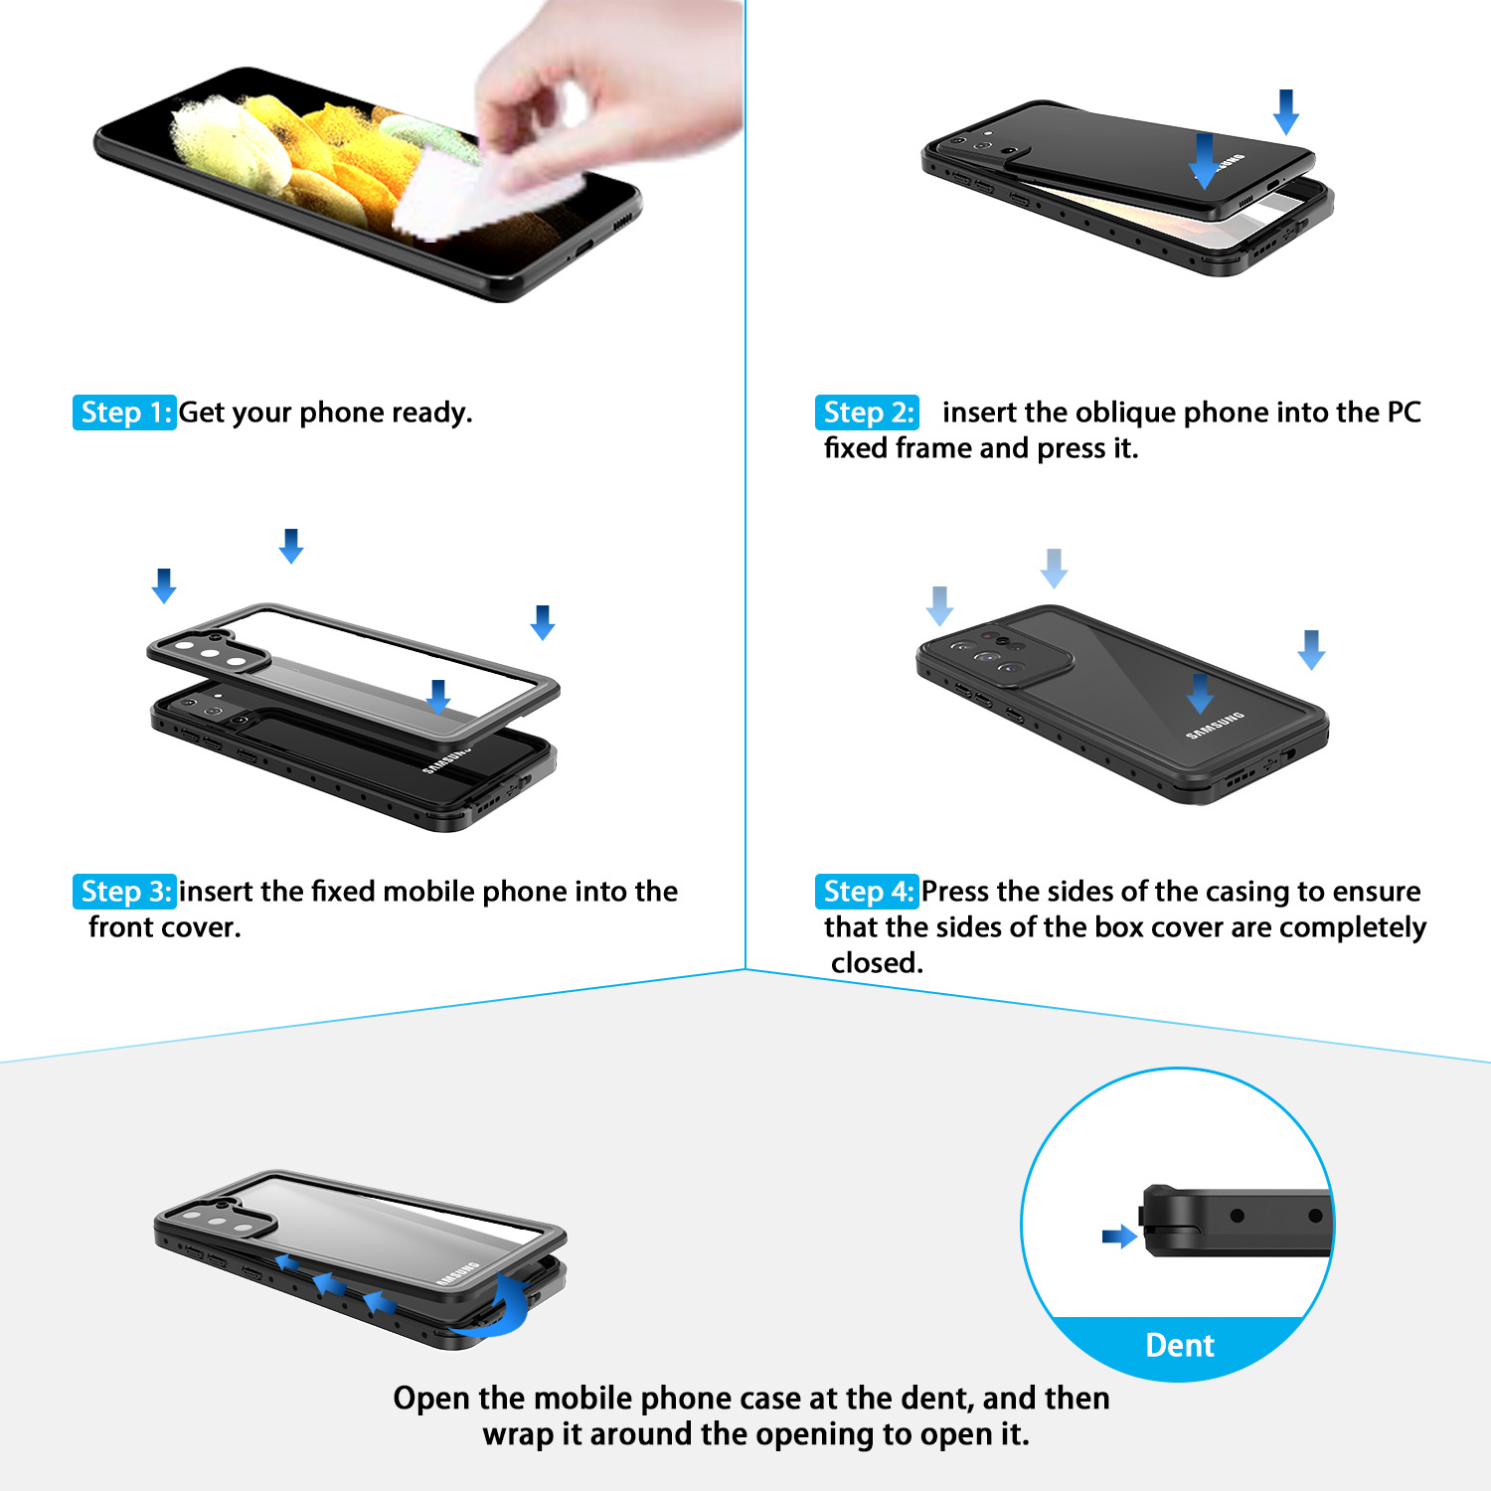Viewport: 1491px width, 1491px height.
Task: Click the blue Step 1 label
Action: coord(124,413)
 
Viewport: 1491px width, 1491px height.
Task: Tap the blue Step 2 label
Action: coord(868,413)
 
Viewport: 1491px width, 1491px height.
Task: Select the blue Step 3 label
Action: coord(124,892)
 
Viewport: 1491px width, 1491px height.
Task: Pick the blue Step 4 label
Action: coord(867,892)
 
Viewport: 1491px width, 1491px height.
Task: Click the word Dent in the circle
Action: coord(1180,1345)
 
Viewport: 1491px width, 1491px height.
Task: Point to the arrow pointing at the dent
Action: coord(1119,1237)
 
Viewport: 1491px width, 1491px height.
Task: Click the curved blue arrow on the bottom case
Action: coord(492,1307)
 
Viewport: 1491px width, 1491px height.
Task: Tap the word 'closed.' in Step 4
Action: coord(877,963)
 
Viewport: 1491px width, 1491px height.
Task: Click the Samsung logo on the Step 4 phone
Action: coord(1215,726)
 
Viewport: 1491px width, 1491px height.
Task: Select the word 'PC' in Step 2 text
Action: coord(1404,413)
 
